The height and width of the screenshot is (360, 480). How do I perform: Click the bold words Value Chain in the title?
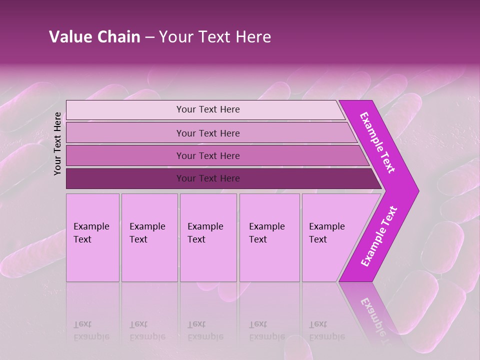[x=94, y=37]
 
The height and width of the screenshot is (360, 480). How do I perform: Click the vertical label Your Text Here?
[x=58, y=144]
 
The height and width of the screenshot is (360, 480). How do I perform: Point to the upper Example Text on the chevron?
[x=377, y=142]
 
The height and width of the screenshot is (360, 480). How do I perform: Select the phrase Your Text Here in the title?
[x=215, y=37]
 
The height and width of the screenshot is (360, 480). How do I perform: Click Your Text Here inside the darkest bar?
[x=208, y=178]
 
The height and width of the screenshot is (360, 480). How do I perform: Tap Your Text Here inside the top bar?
[x=208, y=109]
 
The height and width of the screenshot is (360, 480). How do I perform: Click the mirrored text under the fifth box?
[x=327, y=330]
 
